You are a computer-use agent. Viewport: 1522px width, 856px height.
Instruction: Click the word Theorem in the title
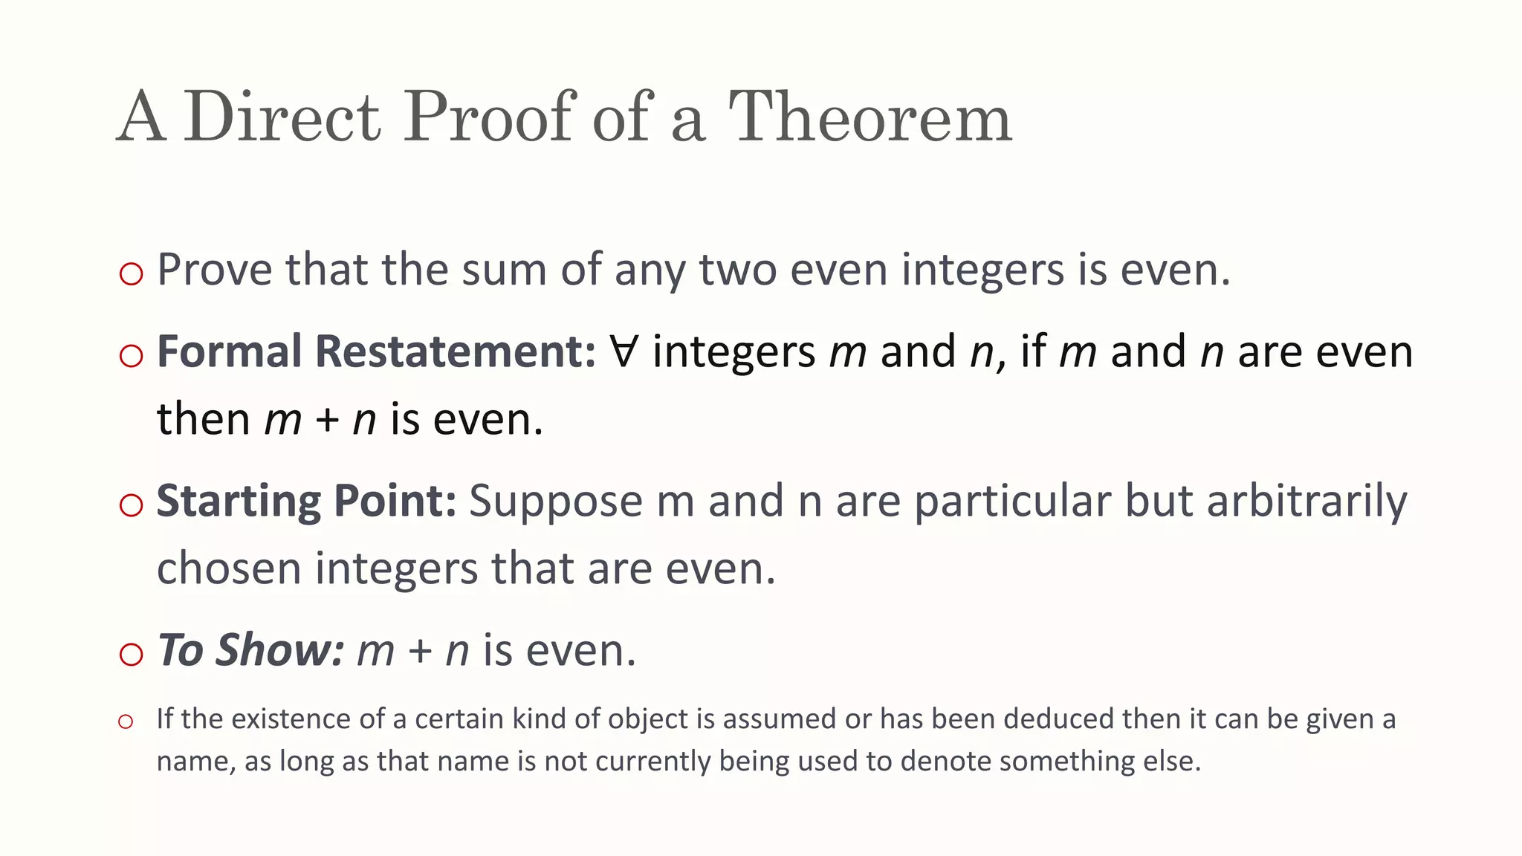(x=870, y=117)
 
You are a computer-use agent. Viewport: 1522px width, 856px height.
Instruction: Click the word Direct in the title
(x=282, y=117)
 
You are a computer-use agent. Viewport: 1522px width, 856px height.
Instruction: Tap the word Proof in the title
(x=490, y=117)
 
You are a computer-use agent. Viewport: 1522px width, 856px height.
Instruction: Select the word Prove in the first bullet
(x=215, y=269)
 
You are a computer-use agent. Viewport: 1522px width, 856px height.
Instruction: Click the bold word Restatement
(x=456, y=351)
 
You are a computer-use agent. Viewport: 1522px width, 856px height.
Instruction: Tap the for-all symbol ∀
(x=624, y=351)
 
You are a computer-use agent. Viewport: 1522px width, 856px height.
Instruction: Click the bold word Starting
(x=238, y=502)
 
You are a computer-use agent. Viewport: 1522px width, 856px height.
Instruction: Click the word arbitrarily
(x=1306, y=502)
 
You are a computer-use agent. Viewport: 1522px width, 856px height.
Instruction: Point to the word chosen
(x=229, y=568)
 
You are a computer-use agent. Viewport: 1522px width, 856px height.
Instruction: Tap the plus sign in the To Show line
(x=420, y=652)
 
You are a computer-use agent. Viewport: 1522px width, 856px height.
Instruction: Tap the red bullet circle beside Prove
(x=131, y=274)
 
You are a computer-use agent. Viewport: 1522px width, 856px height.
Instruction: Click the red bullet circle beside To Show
(x=131, y=655)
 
